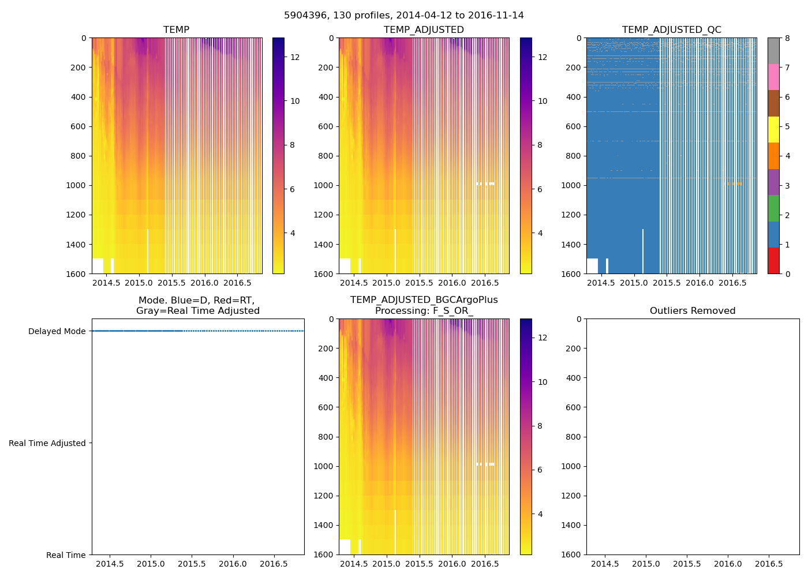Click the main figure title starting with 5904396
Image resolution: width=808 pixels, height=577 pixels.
(404, 16)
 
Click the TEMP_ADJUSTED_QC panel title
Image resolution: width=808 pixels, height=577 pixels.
(671, 30)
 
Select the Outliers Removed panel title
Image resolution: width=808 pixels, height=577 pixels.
(693, 311)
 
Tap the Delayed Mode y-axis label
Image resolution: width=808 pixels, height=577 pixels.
(57, 331)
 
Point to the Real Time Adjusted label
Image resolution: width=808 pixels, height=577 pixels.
(47, 443)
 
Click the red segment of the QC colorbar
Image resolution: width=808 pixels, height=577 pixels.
(773, 260)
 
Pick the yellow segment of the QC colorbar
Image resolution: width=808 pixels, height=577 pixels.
(773, 129)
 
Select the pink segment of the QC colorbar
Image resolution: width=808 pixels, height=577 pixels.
(773, 77)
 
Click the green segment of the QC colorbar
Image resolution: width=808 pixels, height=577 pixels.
(773, 208)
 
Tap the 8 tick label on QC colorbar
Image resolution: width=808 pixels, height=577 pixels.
(787, 38)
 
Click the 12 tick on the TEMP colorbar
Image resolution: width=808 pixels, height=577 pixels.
(295, 57)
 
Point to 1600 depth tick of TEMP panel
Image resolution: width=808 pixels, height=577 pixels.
(76, 273)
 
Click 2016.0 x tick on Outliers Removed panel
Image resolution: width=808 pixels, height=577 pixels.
(728, 564)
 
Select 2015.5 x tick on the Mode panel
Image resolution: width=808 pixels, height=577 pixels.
(192, 564)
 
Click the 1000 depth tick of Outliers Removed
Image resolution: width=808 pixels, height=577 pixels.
(570, 466)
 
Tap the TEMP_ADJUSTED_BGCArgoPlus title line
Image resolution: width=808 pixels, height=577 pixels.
(424, 300)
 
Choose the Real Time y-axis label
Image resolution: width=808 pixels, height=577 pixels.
(66, 555)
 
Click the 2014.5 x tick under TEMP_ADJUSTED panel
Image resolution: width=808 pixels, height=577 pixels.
(353, 283)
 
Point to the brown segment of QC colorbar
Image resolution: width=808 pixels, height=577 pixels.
(773, 103)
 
